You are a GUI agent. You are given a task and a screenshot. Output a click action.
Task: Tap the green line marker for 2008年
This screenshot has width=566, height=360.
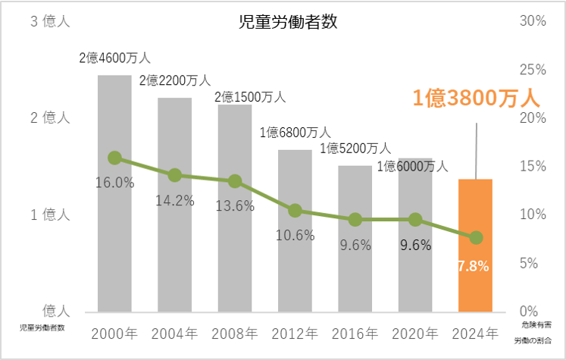click(235, 181)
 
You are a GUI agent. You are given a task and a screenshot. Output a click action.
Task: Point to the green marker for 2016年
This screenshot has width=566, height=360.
click(355, 219)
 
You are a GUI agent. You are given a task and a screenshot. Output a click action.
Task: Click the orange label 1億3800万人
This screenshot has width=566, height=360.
click(475, 98)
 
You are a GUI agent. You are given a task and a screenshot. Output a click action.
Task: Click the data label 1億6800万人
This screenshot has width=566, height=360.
click(296, 133)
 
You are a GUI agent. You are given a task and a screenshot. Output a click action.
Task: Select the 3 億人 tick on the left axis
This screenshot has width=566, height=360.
click(50, 22)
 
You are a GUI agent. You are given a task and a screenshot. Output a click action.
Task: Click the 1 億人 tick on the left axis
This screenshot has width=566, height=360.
click(50, 214)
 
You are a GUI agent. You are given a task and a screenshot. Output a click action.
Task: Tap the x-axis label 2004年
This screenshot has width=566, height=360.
click(175, 333)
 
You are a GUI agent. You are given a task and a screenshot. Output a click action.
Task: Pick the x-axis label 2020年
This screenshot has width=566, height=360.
click(415, 333)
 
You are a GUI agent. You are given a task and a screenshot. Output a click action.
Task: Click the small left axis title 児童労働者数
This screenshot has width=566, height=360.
click(42, 328)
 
